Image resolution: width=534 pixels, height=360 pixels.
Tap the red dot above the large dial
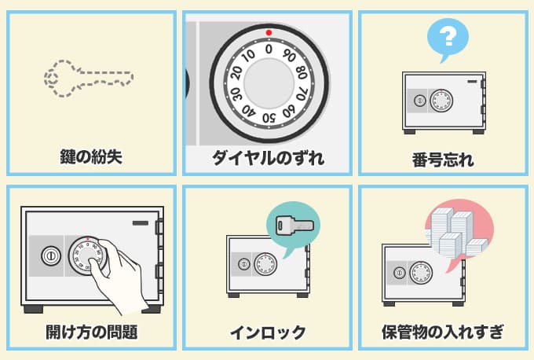tap(269, 33)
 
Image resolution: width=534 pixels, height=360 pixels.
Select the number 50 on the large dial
tap(269, 118)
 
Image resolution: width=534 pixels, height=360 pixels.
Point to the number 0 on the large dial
tap(269, 50)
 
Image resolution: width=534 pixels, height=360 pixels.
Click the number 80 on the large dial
tap(302, 73)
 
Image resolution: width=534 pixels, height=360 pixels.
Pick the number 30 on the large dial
tap(236, 94)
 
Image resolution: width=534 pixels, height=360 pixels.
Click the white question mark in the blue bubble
tap(448, 37)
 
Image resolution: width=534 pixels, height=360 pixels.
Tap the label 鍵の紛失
tap(91, 157)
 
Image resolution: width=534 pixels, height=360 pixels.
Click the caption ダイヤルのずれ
tap(268, 158)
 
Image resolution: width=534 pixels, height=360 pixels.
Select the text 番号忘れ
tap(443, 160)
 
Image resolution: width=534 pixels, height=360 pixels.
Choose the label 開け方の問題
tap(92, 332)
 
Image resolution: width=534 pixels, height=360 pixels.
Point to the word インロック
tap(268, 332)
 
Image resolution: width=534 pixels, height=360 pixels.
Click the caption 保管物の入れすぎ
tap(442, 332)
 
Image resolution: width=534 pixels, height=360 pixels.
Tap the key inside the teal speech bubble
tap(295, 225)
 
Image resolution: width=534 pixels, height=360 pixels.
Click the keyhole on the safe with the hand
tap(51, 255)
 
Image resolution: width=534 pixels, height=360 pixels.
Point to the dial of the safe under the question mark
tap(441, 101)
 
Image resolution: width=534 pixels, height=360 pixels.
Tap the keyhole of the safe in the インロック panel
tap(244, 264)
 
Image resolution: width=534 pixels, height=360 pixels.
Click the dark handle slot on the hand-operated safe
tap(141, 223)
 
